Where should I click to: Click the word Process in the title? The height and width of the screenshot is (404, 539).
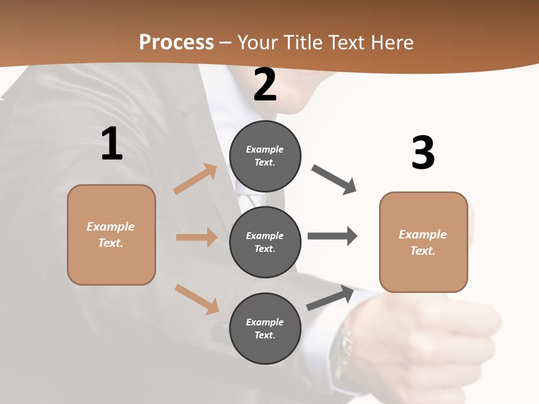176,42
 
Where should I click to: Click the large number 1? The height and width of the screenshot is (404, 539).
112,144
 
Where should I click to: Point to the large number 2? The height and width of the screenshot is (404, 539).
265,85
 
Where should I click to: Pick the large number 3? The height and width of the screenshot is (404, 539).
423,153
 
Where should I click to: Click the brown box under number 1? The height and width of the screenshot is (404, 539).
111,235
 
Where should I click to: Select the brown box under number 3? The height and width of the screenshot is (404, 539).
423,242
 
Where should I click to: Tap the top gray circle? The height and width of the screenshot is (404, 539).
265,156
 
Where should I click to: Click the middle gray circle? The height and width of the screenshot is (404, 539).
265,242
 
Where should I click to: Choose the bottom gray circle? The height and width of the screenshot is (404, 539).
265,328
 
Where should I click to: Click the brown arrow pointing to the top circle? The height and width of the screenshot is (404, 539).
195,179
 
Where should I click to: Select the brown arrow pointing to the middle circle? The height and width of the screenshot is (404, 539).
197,237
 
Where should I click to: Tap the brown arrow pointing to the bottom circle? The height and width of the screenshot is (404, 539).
197,299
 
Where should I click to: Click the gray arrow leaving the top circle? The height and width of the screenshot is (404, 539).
334,180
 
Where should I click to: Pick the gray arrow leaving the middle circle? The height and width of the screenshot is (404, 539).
332,236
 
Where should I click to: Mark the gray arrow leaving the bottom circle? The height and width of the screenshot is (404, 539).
330,298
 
